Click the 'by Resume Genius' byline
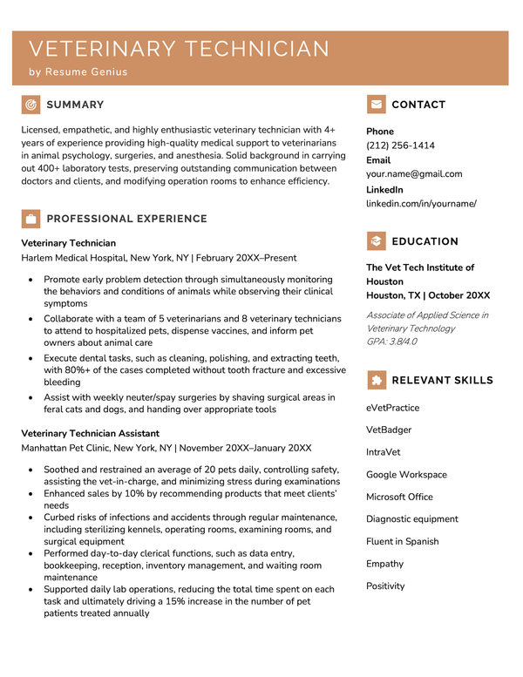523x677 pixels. click(x=78, y=72)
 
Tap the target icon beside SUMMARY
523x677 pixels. click(x=31, y=105)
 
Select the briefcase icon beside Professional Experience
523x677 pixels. click(x=31, y=219)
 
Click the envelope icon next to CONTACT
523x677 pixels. click(x=376, y=105)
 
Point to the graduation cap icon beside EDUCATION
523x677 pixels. click(x=376, y=241)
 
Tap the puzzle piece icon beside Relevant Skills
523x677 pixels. click(x=376, y=380)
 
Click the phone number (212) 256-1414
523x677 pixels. click(x=400, y=146)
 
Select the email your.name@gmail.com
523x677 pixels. click(x=414, y=173)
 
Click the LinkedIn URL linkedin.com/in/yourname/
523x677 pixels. click(x=421, y=203)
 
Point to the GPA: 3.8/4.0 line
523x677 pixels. click(x=391, y=342)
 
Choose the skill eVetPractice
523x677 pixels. click(x=392, y=408)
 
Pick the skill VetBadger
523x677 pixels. click(x=389, y=430)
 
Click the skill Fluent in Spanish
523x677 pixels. click(x=404, y=541)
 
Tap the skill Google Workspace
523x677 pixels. click(x=406, y=475)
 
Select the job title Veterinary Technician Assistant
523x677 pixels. click(x=91, y=433)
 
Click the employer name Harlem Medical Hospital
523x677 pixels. click(x=73, y=258)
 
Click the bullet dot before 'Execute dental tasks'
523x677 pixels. click(x=31, y=358)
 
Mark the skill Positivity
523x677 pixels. click(x=385, y=586)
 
